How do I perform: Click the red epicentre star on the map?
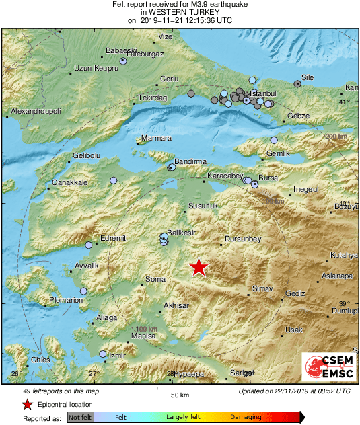click(199, 267)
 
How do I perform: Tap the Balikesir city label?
click(181, 232)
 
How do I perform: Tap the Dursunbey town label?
click(242, 239)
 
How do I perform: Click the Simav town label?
click(262, 288)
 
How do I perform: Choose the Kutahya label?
click(345, 256)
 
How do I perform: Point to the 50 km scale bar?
click(178, 388)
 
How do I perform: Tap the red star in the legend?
click(27, 404)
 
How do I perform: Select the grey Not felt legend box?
click(80, 417)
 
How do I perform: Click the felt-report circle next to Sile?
click(297, 84)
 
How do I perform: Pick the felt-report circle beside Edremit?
click(89, 245)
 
